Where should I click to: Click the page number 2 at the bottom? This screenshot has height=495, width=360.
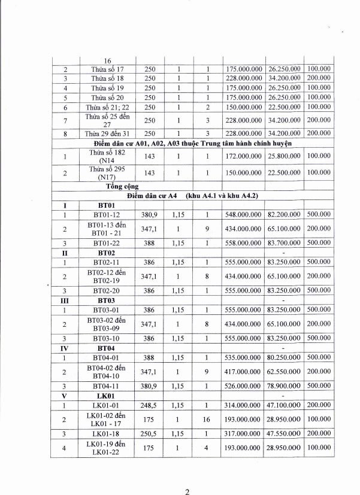[187, 476]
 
